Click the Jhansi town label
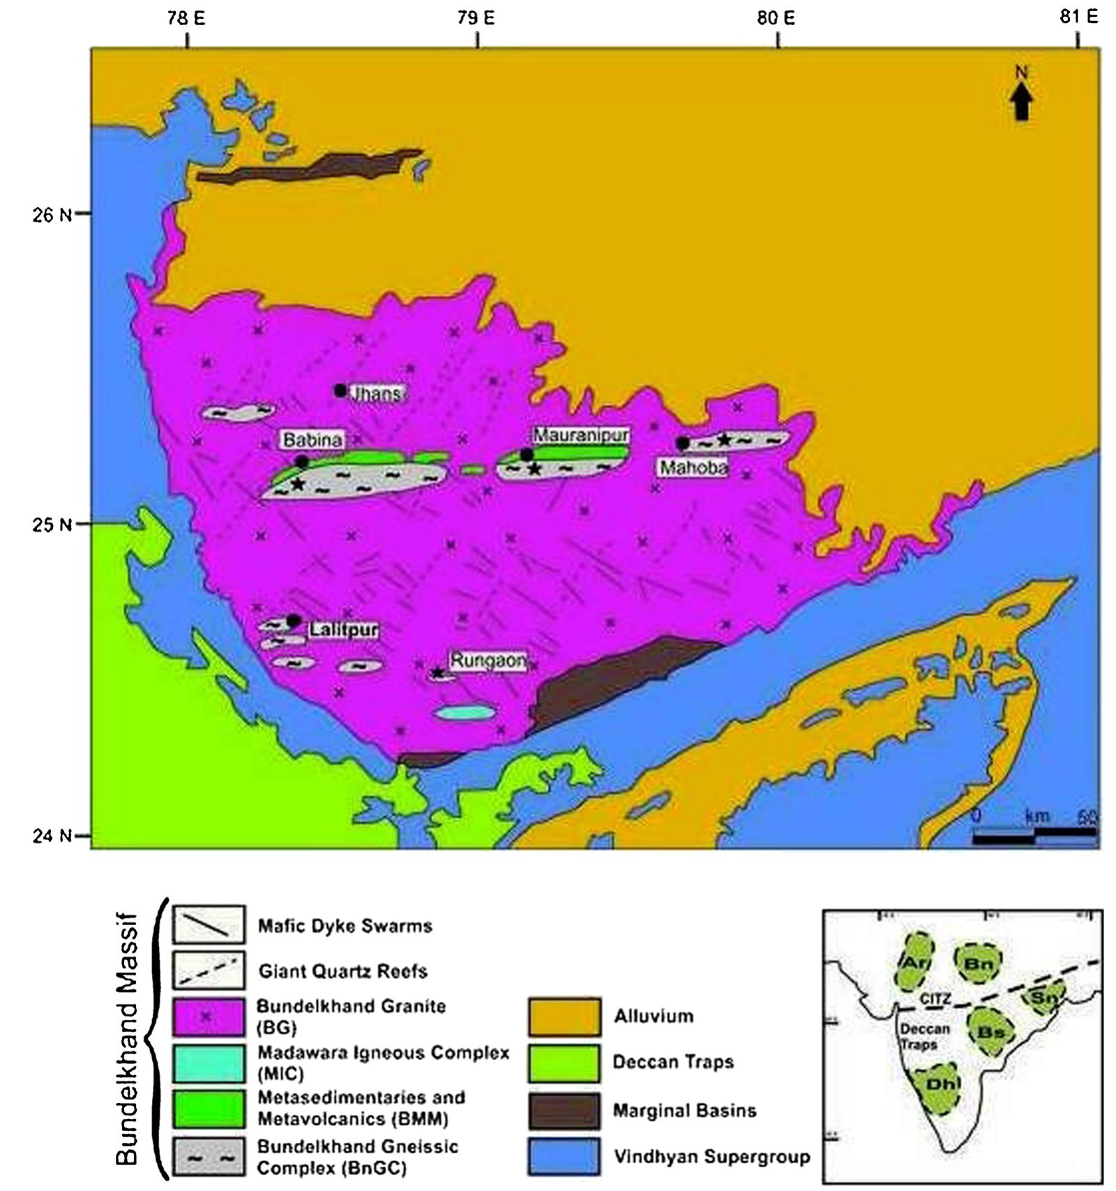[x=377, y=394]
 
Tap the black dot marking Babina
[x=302, y=462]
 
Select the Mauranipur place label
[x=581, y=435]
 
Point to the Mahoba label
[x=693, y=467]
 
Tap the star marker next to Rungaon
[x=437, y=673]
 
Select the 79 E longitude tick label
[x=476, y=18]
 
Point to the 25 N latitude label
[x=52, y=525]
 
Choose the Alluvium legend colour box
[x=564, y=1017]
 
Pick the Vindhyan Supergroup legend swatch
[x=564, y=1157]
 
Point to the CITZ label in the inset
[x=935, y=999]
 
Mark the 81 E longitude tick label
[x=1078, y=17]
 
